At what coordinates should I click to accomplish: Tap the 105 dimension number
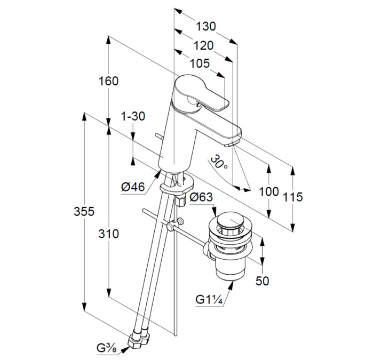[x=199, y=63]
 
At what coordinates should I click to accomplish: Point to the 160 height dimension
[x=108, y=81]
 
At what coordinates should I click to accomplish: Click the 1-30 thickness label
[x=133, y=116]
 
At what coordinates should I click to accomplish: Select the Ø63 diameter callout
[x=201, y=197]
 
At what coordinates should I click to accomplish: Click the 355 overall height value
[x=84, y=211]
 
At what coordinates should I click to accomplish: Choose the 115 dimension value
[x=292, y=197]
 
